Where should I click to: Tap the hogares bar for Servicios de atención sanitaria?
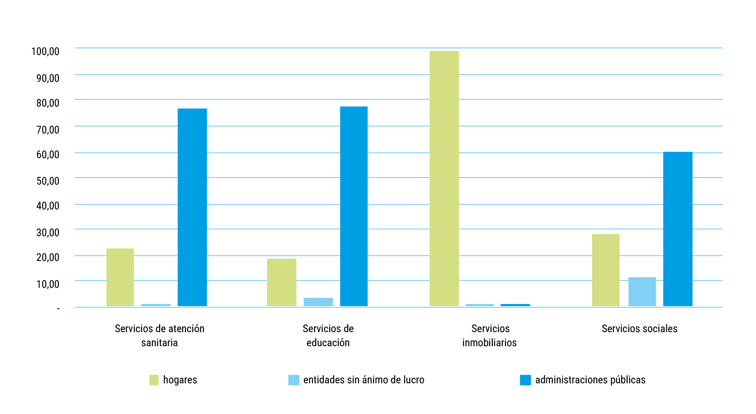120,277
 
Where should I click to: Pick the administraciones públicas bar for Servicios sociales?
677,229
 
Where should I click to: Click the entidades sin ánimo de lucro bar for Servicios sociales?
642,292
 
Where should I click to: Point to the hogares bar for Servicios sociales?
605,270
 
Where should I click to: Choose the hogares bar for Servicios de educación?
282,282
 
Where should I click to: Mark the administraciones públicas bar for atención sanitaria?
192,207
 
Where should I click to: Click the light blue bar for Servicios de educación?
318,302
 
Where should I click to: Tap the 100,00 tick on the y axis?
45,52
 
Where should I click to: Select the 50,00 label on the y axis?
48,181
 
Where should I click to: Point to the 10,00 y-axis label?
48,284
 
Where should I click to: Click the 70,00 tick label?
48,130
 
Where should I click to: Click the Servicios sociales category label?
639,329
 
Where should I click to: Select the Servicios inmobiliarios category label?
490,336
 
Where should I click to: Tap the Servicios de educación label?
328,336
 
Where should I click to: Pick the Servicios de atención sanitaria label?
160,336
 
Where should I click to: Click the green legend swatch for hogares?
154,380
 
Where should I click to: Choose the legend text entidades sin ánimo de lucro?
363,380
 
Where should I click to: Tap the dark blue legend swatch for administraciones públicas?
525,380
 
